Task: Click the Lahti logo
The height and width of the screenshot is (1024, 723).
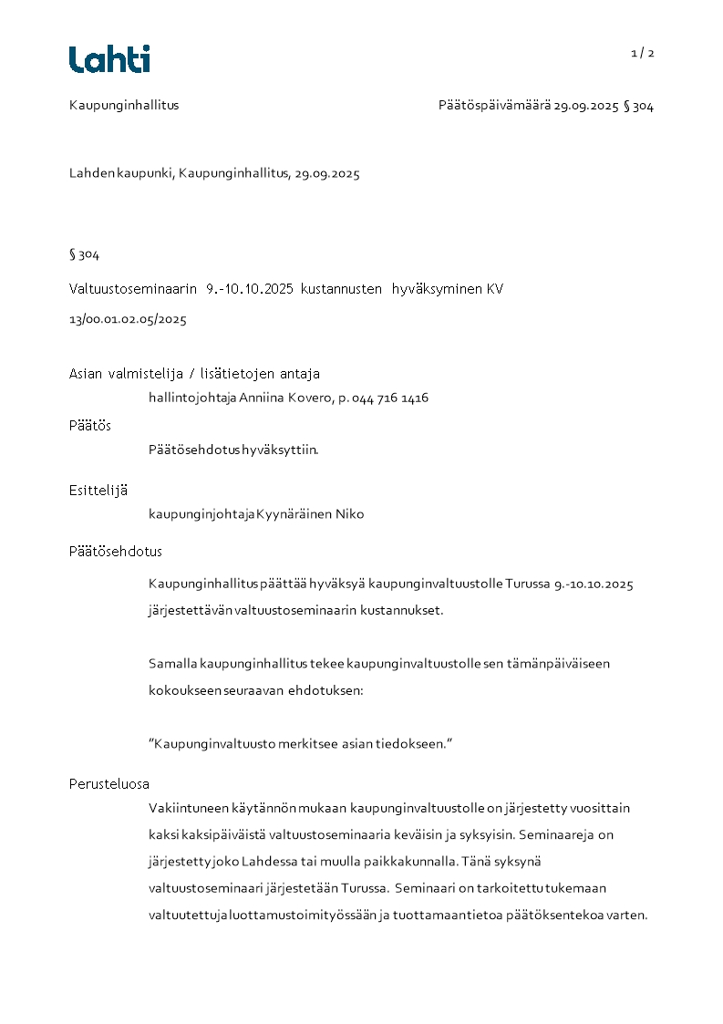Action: pos(109,59)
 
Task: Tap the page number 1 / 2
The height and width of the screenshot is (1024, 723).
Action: pos(643,53)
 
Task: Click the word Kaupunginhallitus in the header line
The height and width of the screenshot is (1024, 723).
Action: pos(124,105)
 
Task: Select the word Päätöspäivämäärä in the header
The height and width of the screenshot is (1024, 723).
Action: pos(494,106)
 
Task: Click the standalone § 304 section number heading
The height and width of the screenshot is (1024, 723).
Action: pos(84,254)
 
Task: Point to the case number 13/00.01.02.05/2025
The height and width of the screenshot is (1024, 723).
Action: pos(128,320)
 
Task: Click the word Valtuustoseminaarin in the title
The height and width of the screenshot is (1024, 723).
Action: pos(133,289)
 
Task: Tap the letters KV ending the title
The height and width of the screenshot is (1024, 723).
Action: pos(494,289)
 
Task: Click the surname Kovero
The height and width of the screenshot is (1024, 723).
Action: pos(311,398)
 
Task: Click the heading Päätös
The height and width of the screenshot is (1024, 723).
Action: pos(90,425)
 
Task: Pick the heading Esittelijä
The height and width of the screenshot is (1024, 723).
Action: pos(98,490)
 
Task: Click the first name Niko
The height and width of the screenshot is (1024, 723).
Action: pos(349,514)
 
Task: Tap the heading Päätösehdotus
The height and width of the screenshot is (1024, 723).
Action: pos(116,552)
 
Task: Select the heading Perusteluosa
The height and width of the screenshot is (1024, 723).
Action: pos(109,784)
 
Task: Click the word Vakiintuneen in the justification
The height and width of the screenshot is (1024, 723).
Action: pos(185,809)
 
